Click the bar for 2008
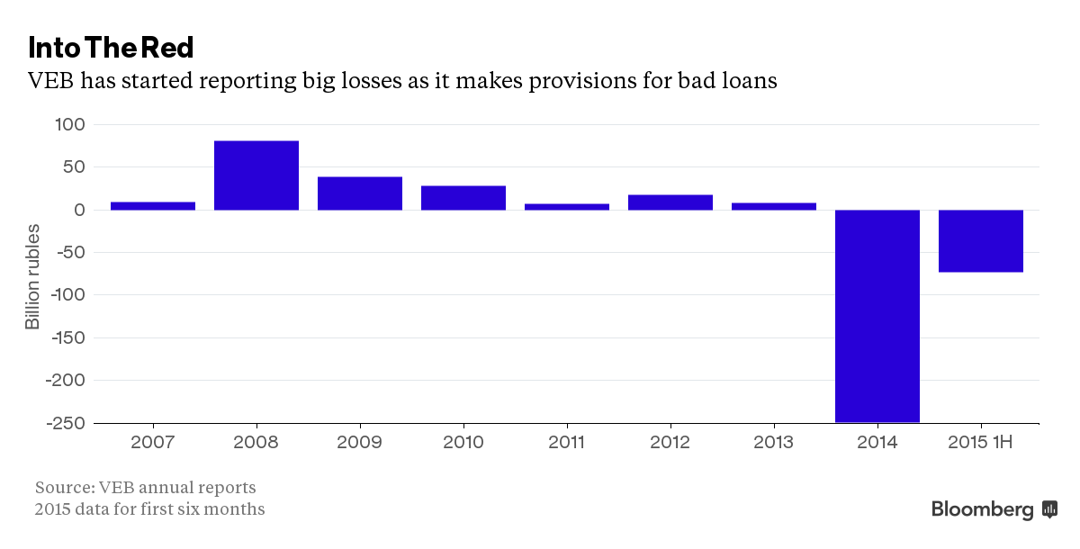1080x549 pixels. (x=256, y=175)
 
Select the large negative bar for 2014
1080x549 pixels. (x=877, y=315)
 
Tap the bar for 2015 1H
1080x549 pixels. (x=981, y=240)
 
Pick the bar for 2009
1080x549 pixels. (x=360, y=193)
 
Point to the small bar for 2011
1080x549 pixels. (x=567, y=207)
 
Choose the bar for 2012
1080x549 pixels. (x=670, y=202)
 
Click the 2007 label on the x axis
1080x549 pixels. (x=153, y=443)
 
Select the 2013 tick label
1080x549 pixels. (x=774, y=443)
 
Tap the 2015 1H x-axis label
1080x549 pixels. (x=981, y=443)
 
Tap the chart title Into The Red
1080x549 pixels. (x=111, y=47)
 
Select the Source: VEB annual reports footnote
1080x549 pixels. (x=146, y=488)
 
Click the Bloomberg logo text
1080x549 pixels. (x=983, y=509)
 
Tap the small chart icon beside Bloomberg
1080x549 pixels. (x=1049, y=509)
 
